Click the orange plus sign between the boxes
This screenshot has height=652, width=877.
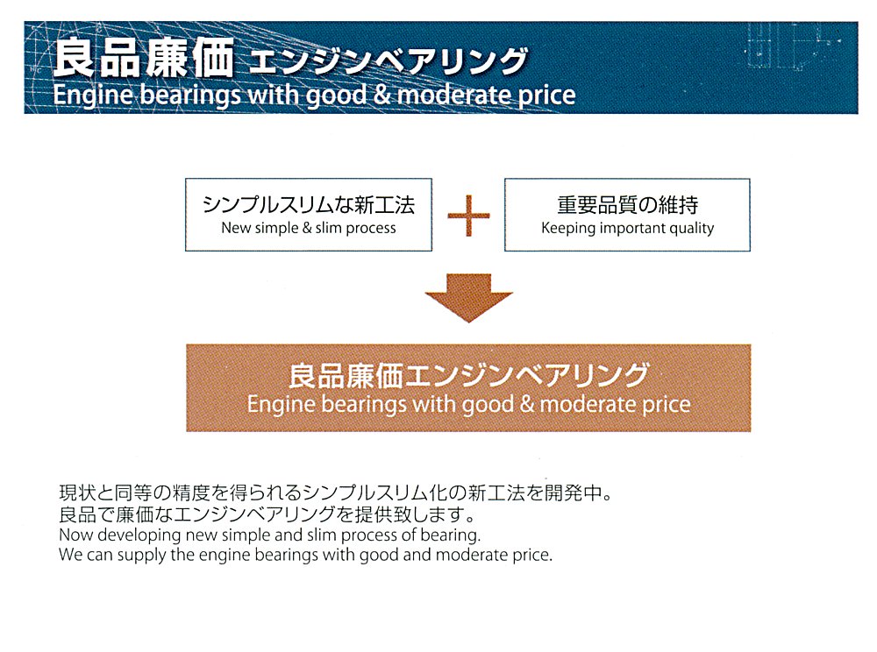468,216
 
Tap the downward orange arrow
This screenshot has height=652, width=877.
468,298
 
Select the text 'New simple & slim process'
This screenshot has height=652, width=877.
308,229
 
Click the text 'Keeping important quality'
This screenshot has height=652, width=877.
628,229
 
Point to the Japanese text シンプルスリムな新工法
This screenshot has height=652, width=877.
309,205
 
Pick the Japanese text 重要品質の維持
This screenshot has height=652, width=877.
628,205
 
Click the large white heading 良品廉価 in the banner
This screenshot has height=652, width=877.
143,58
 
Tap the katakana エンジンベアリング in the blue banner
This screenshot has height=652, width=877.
389,60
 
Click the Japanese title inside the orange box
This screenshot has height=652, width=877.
468,375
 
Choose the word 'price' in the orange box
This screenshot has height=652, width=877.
666,405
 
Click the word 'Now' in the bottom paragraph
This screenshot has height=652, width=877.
76,535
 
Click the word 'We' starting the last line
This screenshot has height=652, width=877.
70,556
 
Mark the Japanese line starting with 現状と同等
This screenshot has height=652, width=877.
336,493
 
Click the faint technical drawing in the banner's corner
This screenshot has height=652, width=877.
791,47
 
